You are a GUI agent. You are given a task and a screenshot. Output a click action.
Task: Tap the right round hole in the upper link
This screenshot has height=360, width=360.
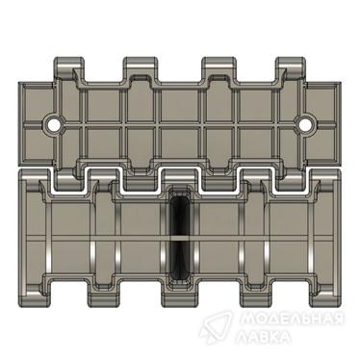pyautogui.click(x=305, y=123)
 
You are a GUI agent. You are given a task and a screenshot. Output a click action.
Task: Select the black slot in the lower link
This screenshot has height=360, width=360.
pyautogui.click(x=180, y=236)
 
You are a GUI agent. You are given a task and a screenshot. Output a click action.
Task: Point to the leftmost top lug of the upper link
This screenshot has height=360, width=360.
pyautogui.click(x=69, y=68)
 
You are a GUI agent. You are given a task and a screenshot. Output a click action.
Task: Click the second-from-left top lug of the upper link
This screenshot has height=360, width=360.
pyautogui.click(x=141, y=68)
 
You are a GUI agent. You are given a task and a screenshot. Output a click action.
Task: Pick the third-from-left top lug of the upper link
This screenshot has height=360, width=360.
pyautogui.click(x=219, y=68)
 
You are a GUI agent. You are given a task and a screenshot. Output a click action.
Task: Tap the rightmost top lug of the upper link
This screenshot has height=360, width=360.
pyautogui.click(x=291, y=68)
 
